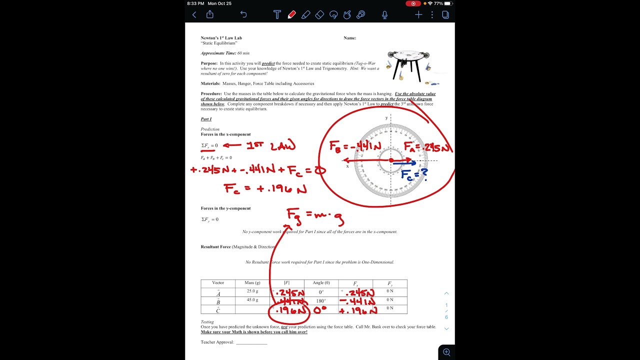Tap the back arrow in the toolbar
tap(194, 15)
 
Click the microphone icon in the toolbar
tap(384, 15)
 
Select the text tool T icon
tap(277, 15)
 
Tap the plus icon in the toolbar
tap(418, 15)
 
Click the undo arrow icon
tap(243, 15)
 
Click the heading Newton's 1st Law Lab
tap(221, 38)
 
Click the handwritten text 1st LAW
tap(270, 145)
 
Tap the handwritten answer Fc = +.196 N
tap(265, 189)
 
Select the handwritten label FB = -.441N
tap(355, 146)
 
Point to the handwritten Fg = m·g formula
tap(314, 216)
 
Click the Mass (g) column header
tap(252, 283)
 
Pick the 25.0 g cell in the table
tap(252, 291)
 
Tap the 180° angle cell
tap(321, 301)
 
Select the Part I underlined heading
tap(206, 119)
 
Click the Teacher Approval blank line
tap(251, 342)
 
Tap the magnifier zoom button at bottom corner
tap(446, 352)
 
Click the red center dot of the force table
tap(391, 160)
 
